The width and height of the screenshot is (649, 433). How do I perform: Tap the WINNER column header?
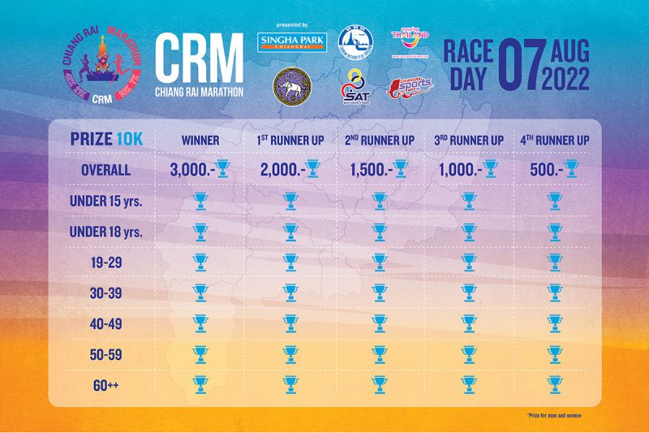[x=200, y=140]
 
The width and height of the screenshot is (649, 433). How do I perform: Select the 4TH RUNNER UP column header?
[x=554, y=140]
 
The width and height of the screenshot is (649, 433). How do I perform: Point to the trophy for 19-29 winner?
[x=200, y=262]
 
